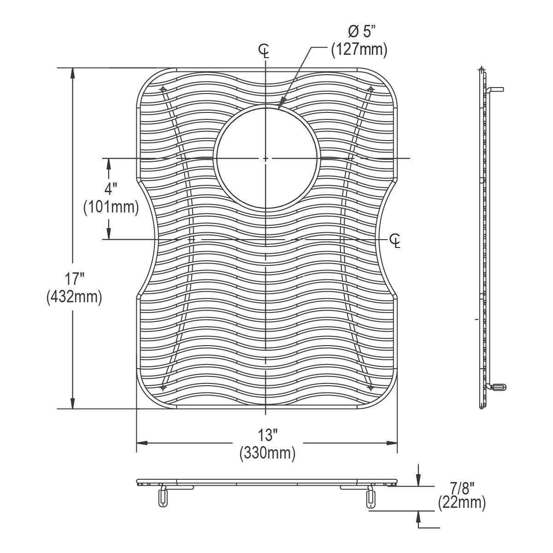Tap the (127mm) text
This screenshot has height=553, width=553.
click(x=359, y=49)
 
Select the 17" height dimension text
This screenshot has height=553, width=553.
click(x=74, y=279)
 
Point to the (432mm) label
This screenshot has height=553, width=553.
click(x=74, y=297)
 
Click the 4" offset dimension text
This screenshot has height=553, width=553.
click(x=110, y=189)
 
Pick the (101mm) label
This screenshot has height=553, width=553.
click(x=111, y=207)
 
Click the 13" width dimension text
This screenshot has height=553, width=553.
click(x=267, y=435)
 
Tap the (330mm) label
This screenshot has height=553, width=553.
click(x=267, y=453)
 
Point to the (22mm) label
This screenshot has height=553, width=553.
click(x=462, y=503)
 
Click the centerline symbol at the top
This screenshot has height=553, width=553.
click(x=265, y=51)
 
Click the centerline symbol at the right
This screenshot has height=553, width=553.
click(x=395, y=240)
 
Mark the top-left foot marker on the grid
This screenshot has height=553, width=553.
click(x=162, y=88)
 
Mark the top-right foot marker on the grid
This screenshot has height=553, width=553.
click(x=370, y=88)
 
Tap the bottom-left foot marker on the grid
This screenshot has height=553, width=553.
click(x=162, y=387)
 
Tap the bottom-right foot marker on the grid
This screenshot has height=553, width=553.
click(x=370, y=387)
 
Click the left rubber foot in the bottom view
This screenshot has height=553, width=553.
click(x=162, y=498)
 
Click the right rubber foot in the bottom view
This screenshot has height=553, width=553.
click(x=370, y=499)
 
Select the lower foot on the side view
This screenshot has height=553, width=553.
click(x=498, y=387)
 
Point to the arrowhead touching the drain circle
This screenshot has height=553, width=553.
click(x=279, y=107)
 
